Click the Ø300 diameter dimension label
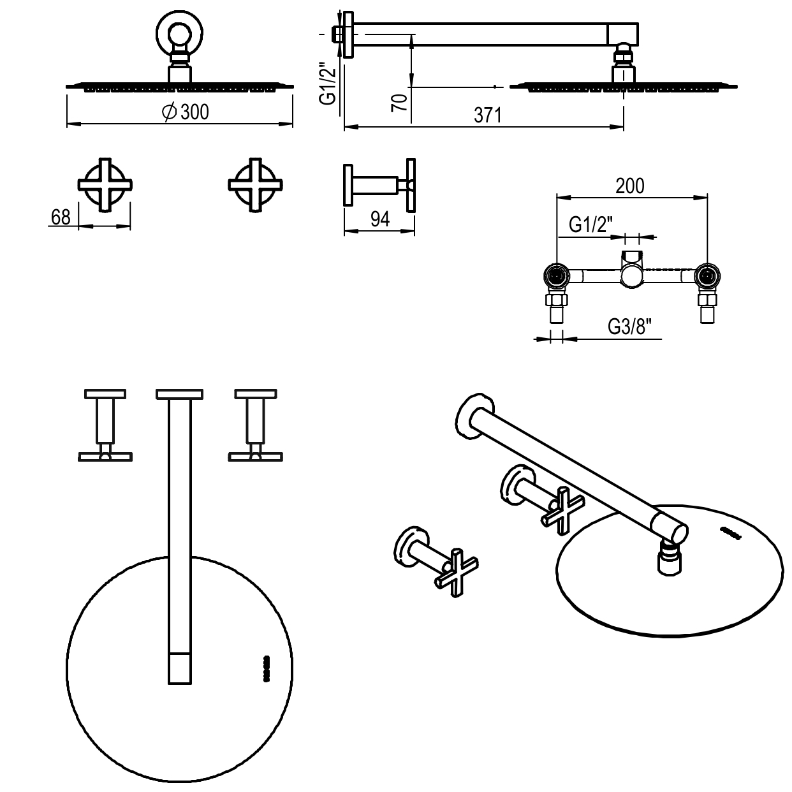(186, 112)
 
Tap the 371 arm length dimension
(488, 115)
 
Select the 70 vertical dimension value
(400, 101)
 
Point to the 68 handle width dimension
(61, 217)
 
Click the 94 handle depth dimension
(379, 219)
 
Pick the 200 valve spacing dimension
(629, 186)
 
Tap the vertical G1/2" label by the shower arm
(327, 84)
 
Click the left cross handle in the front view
(105, 184)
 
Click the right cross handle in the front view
(255, 184)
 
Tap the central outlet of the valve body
(632, 275)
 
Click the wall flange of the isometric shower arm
(474, 416)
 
